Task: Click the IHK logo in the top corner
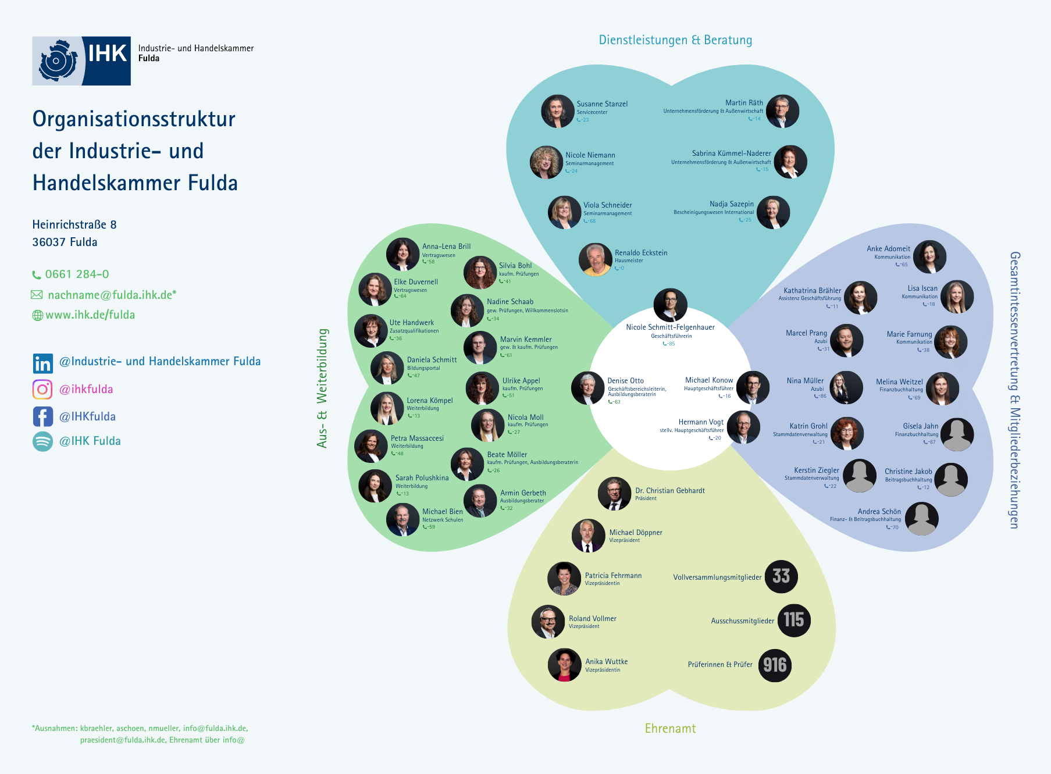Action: click(81, 61)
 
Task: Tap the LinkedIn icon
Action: click(42, 363)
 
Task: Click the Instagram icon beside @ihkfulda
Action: click(42, 389)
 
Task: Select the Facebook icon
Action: click(42, 416)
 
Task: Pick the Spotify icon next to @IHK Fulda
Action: click(42, 441)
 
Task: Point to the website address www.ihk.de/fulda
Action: click(90, 315)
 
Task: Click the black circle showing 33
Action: click(781, 576)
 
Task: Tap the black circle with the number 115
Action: click(793, 620)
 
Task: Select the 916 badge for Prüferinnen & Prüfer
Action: click(775, 665)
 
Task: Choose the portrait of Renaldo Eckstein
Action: click(596, 259)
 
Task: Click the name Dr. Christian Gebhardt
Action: click(670, 491)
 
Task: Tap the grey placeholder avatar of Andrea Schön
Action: click(922, 519)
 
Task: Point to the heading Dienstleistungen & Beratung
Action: click(675, 40)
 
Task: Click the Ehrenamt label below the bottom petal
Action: click(670, 729)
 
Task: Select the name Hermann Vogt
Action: click(701, 422)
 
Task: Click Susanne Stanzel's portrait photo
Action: click(558, 111)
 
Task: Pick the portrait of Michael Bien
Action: click(402, 519)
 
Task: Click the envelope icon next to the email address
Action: click(37, 295)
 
